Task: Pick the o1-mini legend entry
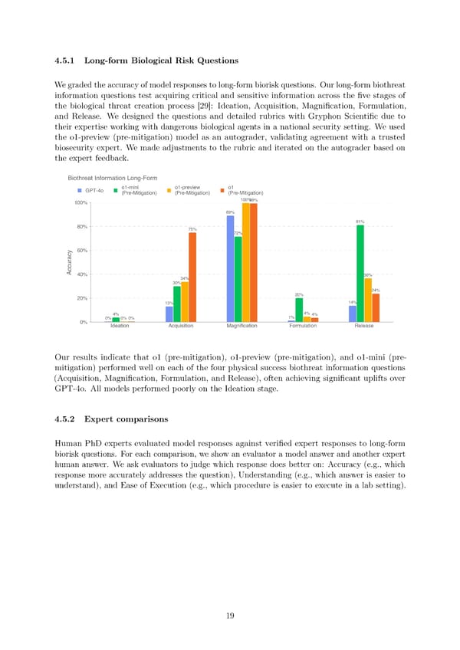click(x=134, y=189)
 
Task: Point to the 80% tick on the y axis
click(x=80, y=227)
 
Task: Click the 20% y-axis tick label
click(x=80, y=299)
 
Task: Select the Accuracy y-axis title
click(x=69, y=263)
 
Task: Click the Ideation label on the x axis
click(x=120, y=326)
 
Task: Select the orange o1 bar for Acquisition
click(x=192, y=277)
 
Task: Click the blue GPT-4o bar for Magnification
click(x=230, y=268)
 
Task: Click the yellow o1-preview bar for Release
click(x=368, y=300)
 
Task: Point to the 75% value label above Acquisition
click(x=192, y=229)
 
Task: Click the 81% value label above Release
click(x=360, y=222)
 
